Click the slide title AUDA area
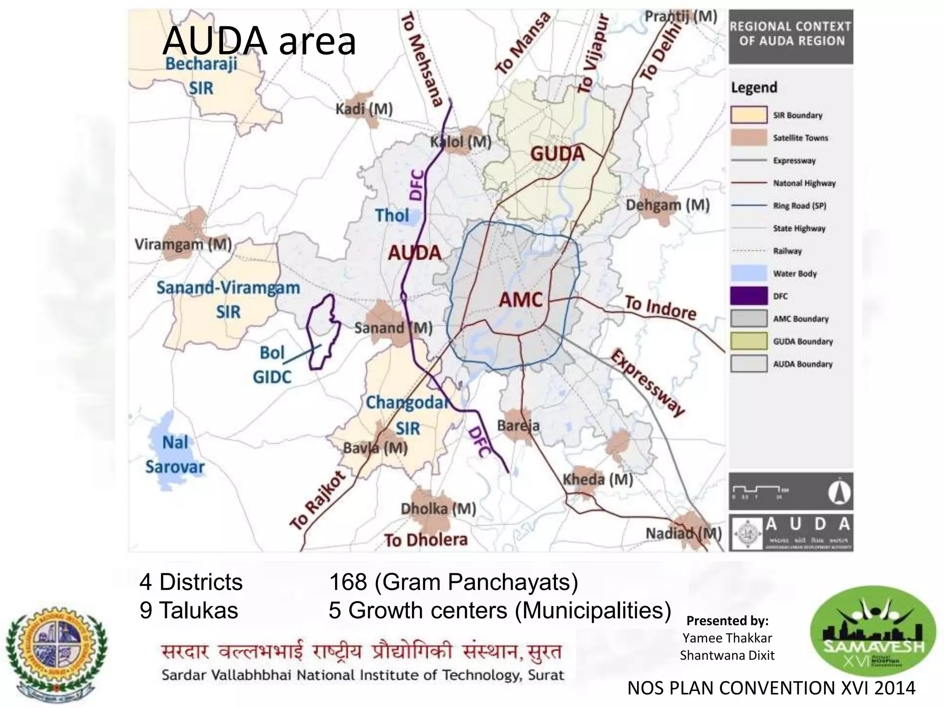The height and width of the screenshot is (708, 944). point(259,41)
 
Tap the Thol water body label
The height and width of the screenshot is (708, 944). point(392,215)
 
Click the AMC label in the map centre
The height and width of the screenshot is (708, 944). point(521,300)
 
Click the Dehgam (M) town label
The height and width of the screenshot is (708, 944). point(667,205)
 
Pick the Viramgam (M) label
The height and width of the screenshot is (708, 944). point(183,244)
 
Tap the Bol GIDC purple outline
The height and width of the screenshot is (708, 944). point(324,332)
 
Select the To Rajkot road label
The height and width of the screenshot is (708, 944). point(318,500)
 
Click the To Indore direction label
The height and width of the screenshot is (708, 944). point(660,308)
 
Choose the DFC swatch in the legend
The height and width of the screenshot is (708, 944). point(749,296)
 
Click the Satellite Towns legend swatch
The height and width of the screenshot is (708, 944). point(749,138)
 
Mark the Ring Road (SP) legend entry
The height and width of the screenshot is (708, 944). point(799,206)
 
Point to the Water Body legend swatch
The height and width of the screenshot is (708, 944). point(749,273)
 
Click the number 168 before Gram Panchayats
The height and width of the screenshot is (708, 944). point(348,582)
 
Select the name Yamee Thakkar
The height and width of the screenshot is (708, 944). point(727,638)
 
